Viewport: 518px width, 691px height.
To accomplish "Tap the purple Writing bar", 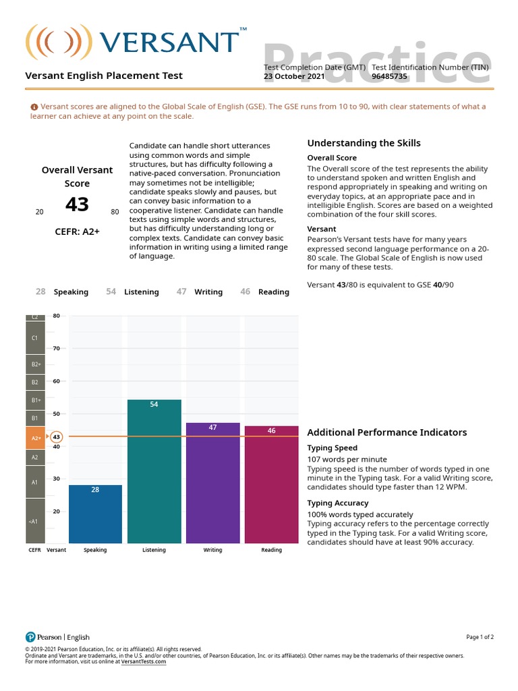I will click(212, 482).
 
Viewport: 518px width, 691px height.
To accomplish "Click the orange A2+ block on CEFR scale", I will click(36, 437).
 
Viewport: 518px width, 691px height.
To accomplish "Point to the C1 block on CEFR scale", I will click(36, 337).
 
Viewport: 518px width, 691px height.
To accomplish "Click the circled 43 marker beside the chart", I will click(57, 437).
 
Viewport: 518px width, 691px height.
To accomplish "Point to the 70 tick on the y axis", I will click(57, 348).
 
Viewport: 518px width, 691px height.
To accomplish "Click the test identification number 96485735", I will click(389, 76).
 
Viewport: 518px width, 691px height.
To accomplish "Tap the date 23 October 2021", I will click(294, 76).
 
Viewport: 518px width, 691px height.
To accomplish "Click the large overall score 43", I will click(78, 204).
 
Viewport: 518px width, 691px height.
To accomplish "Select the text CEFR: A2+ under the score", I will click(78, 231).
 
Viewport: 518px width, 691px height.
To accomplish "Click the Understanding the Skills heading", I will click(364, 143).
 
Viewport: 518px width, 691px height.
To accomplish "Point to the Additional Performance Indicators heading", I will click(386, 432).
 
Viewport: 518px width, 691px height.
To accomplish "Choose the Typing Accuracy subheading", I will click(338, 503).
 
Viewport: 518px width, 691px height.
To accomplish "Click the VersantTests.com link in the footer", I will click(143, 661).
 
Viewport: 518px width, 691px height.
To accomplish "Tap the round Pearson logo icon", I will click(30, 637).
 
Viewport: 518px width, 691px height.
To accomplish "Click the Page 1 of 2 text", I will click(480, 637).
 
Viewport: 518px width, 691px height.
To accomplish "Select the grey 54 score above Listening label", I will click(111, 292).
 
